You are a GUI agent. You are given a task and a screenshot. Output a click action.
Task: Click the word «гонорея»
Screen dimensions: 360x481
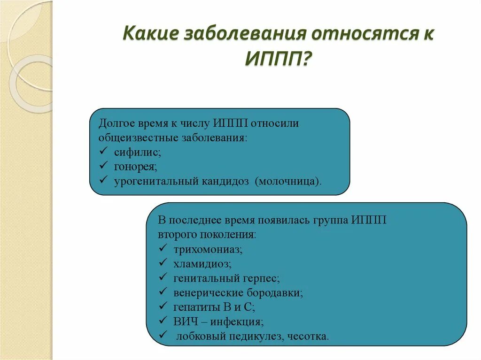pos(135,166)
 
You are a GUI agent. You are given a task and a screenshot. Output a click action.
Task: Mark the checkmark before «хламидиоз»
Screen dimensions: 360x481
pos(163,263)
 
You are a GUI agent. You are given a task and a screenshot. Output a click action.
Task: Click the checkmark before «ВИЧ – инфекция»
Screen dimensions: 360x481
pos(163,321)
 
